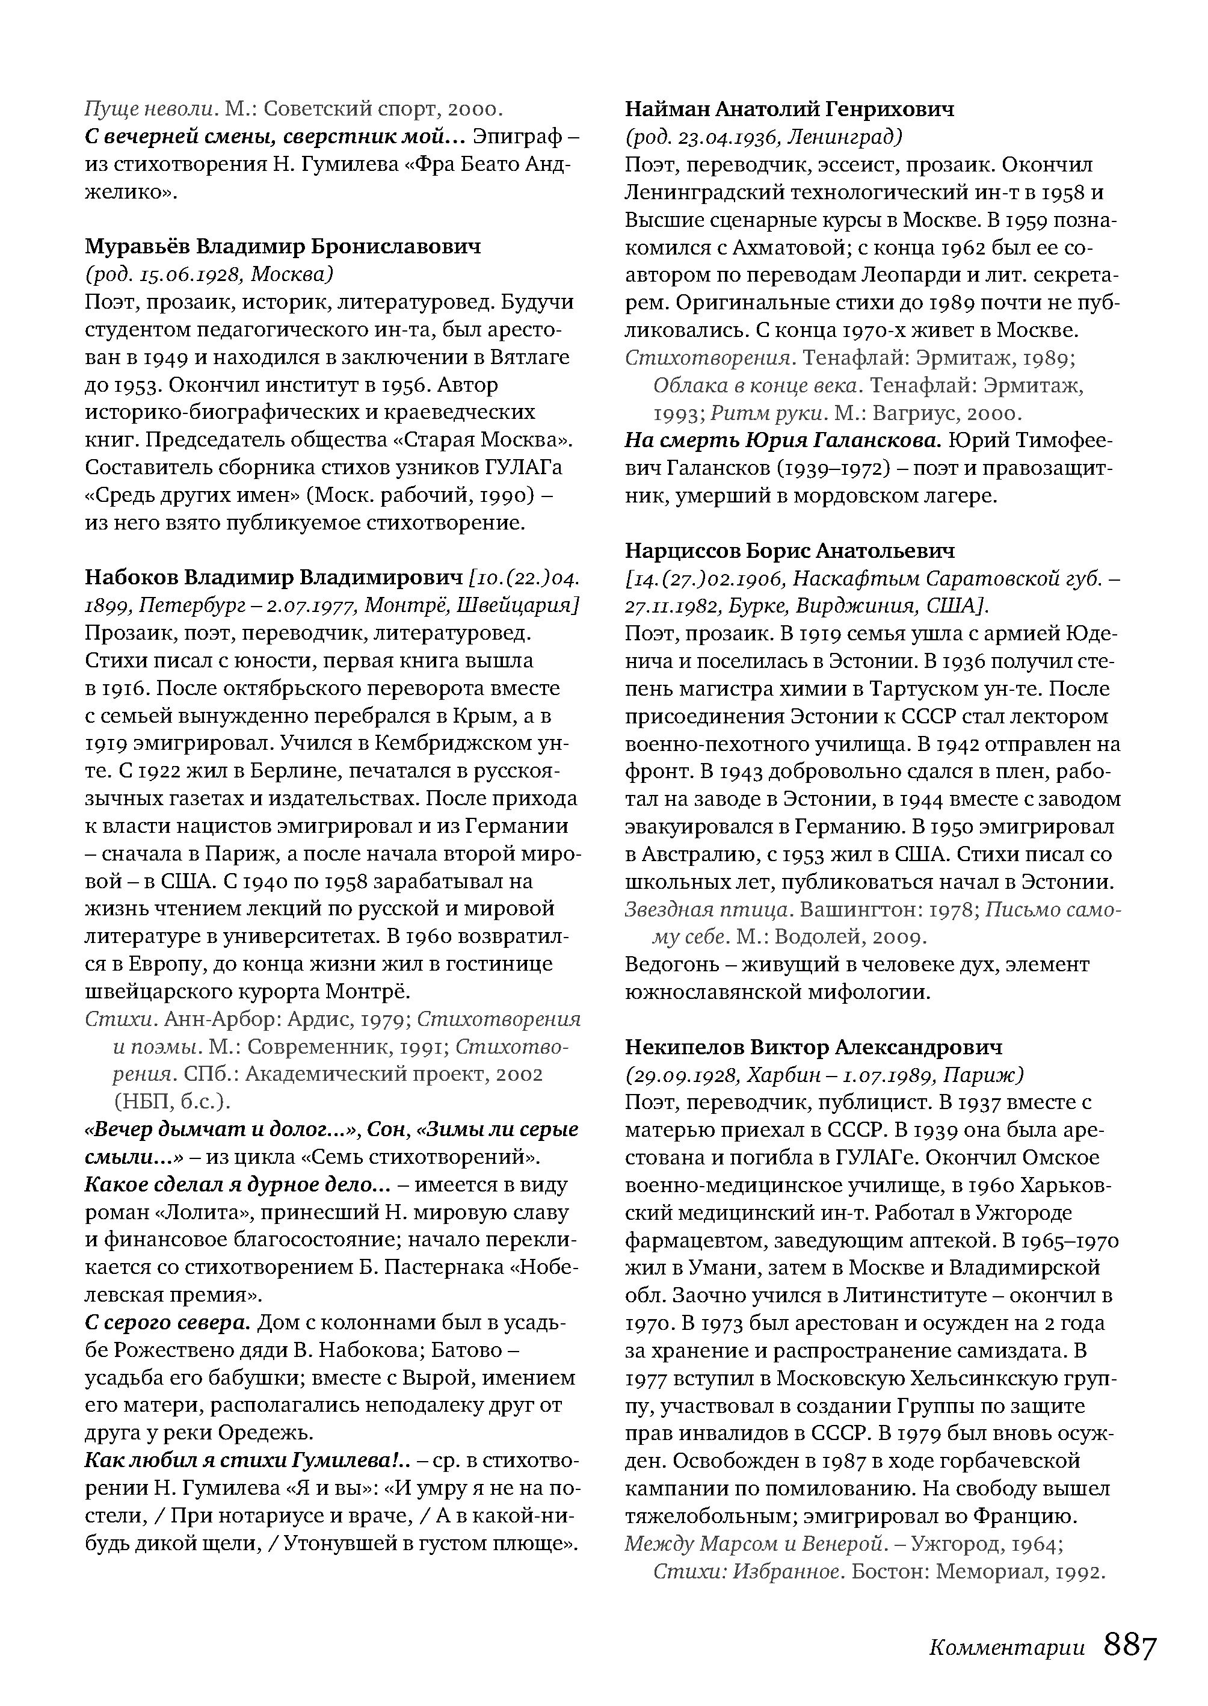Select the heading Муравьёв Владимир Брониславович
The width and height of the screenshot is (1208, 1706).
pos(283,246)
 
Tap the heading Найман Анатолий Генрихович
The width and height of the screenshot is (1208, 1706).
pos(789,110)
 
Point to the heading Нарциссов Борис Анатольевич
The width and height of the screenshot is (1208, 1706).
pos(789,551)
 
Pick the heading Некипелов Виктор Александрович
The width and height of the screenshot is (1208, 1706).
pos(813,1047)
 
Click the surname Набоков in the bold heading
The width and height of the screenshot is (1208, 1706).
pos(131,578)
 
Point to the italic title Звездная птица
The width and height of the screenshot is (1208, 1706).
pos(707,909)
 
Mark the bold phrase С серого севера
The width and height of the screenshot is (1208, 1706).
pos(167,1323)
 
